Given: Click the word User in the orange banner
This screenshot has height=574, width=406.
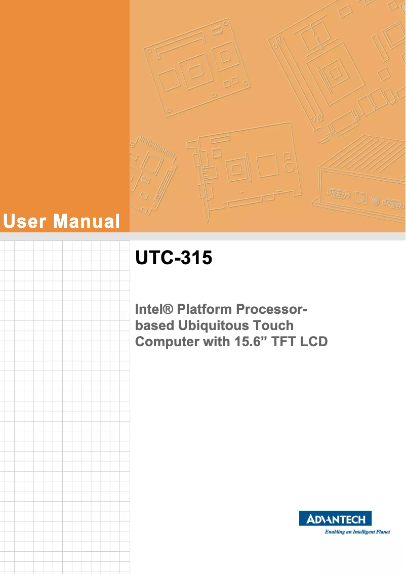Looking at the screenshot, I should [25, 221].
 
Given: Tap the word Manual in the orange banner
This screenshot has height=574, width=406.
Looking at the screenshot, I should [87, 221].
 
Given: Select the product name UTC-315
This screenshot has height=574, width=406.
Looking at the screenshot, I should [173, 258].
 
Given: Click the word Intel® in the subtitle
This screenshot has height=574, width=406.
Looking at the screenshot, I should [152, 309].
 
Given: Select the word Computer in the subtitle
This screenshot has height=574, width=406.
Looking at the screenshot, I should [167, 342].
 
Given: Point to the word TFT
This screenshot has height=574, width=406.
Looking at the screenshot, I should [284, 342].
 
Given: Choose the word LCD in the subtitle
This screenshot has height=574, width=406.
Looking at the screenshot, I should [314, 342].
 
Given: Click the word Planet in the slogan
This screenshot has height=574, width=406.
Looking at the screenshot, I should [380, 531].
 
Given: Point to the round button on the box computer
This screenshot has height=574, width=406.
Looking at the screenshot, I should [374, 200].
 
